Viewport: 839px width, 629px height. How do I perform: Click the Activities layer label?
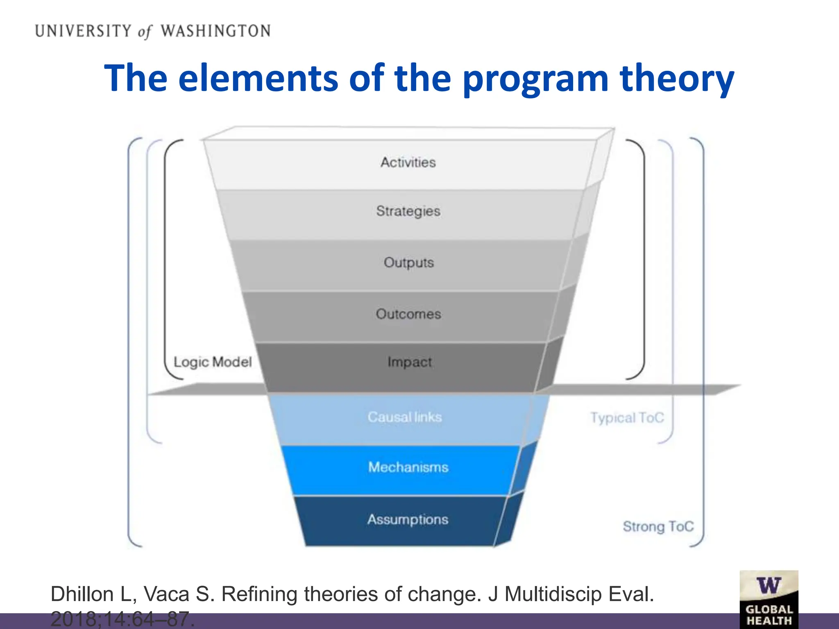pos(408,163)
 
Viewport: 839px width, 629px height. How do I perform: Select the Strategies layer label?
pos(408,211)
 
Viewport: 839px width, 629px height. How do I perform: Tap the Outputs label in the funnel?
pos(408,262)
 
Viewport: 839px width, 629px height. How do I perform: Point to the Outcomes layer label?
pos(408,314)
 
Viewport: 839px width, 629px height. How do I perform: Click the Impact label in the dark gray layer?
pos(409,362)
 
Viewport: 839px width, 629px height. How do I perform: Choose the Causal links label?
pos(405,417)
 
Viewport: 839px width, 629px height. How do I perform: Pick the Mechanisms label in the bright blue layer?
pos(408,467)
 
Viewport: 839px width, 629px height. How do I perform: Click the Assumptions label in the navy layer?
pos(408,519)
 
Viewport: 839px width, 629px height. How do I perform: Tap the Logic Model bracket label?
pos(213,362)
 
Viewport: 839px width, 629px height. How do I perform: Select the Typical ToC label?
pos(627,418)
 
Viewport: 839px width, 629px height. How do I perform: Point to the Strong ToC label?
pos(658,526)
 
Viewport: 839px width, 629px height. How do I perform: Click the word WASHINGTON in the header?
pos(215,31)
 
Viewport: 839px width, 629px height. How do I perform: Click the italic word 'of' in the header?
pos(145,32)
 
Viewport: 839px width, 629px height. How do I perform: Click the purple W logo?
pos(769,586)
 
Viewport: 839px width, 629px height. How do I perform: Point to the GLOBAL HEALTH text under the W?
pos(769,615)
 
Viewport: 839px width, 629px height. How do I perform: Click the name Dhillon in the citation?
pos(82,594)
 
